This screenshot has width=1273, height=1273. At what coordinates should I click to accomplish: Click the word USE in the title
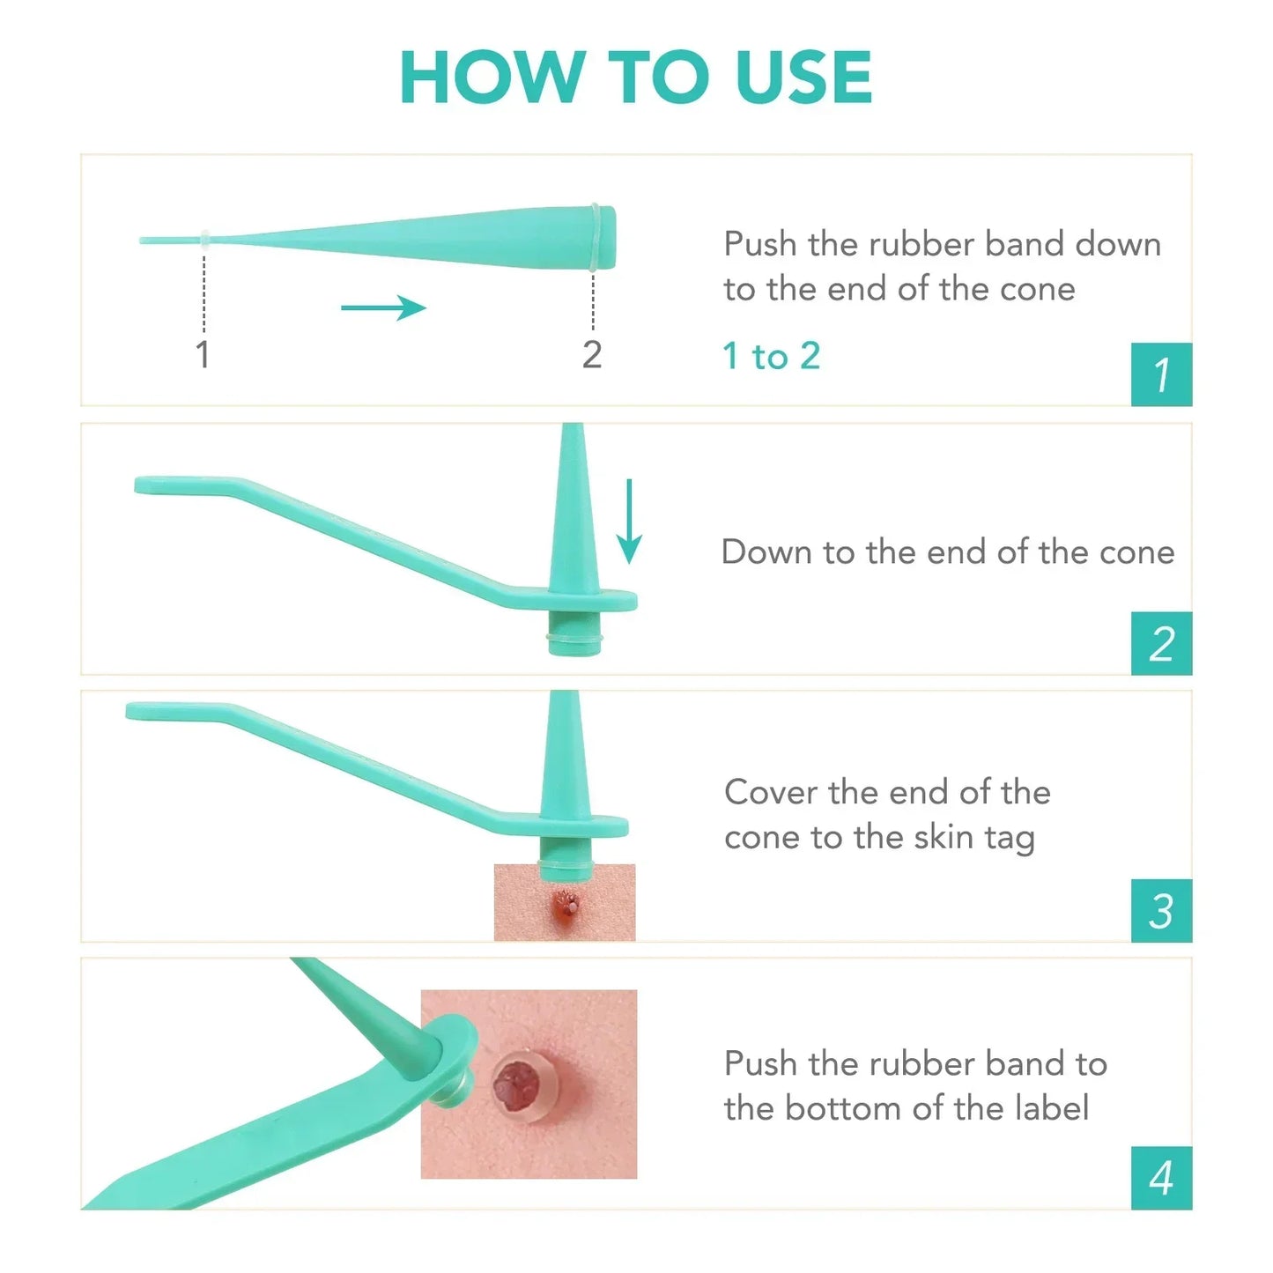(x=803, y=78)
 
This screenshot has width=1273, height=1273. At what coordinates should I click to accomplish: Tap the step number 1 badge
(x=1161, y=374)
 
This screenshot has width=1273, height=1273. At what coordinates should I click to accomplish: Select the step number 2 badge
(x=1161, y=643)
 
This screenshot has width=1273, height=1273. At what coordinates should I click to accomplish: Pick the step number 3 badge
(x=1161, y=911)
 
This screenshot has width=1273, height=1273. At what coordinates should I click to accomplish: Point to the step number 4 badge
(x=1161, y=1178)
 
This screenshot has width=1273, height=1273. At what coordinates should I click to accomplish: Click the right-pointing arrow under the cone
(x=383, y=307)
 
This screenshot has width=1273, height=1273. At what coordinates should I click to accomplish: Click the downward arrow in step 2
(x=628, y=521)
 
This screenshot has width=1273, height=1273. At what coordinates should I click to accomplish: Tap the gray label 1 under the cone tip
(x=203, y=355)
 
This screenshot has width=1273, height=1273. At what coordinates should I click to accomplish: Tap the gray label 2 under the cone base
(x=592, y=355)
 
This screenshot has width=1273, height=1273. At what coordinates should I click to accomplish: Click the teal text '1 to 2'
(x=771, y=356)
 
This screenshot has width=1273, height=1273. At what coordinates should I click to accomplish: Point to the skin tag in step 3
(x=566, y=903)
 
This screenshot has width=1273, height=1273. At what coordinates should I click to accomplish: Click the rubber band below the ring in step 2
(x=574, y=636)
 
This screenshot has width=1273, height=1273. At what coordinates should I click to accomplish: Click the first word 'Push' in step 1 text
(x=760, y=244)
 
